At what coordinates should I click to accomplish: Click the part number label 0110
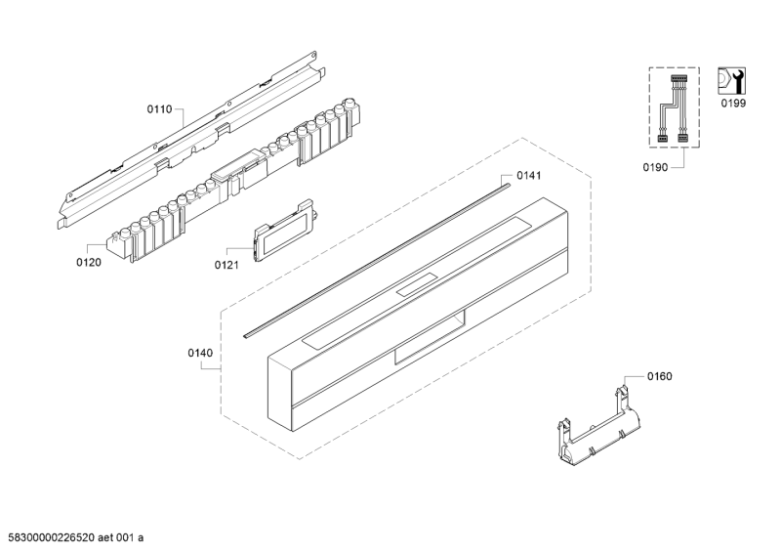[159, 109]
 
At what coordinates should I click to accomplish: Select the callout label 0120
[89, 262]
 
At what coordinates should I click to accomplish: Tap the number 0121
[226, 266]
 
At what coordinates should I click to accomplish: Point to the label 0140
[200, 353]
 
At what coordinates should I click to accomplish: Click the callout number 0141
[528, 175]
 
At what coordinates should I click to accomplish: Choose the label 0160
[660, 376]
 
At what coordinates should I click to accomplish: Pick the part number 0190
[655, 167]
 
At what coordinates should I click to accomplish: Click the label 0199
[734, 104]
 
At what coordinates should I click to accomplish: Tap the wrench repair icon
[731, 81]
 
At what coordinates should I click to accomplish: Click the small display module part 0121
[283, 230]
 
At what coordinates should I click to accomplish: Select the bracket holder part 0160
[598, 427]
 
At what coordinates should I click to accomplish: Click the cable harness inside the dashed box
[674, 109]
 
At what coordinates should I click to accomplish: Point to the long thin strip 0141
[377, 260]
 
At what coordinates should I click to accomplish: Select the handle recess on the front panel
[430, 336]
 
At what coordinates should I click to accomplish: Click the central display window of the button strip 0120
[237, 166]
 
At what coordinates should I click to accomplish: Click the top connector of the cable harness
[678, 79]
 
